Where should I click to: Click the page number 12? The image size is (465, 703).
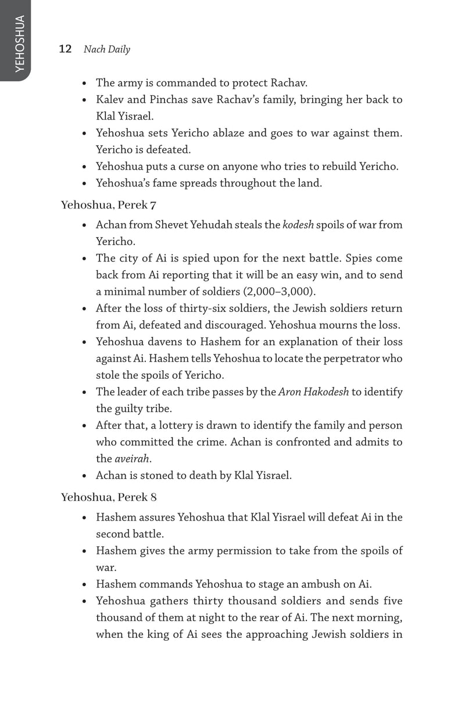65,49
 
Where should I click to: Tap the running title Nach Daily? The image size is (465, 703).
107,49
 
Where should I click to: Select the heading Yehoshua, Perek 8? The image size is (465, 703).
109,497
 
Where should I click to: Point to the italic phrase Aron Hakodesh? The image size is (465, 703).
314,392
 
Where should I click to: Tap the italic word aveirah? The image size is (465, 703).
131,458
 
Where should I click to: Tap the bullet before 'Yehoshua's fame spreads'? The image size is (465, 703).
85,184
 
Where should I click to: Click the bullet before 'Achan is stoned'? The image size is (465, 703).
85,476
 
